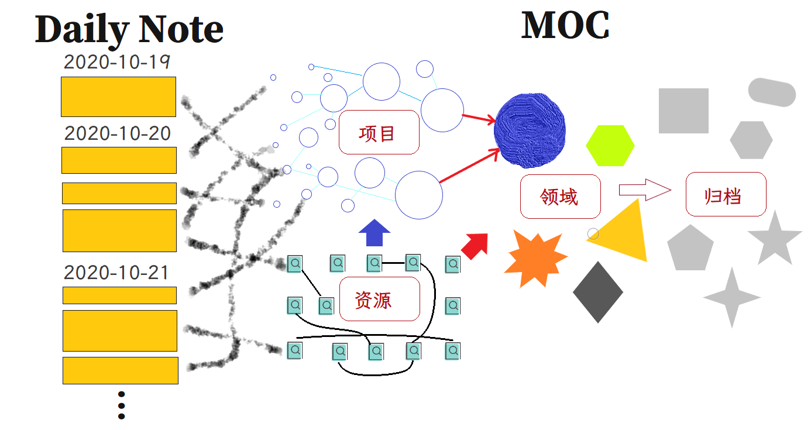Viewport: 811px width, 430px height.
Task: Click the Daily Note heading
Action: click(x=129, y=29)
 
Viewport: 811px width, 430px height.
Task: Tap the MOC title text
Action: click(x=565, y=25)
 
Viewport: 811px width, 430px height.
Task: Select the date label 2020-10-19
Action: click(x=117, y=62)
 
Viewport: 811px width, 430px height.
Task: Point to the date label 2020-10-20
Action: click(x=118, y=133)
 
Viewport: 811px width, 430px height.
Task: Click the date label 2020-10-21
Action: click(x=116, y=273)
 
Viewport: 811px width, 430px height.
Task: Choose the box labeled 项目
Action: click(x=379, y=133)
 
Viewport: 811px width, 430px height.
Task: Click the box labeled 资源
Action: click(x=379, y=300)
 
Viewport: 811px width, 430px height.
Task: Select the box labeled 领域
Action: click(x=560, y=197)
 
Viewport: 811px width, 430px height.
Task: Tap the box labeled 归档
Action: click(x=726, y=195)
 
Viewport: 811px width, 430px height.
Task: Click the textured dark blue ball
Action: click(x=530, y=128)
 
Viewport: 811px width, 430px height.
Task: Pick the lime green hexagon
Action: click(x=610, y=146)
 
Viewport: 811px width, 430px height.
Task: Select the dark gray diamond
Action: click(x=597, y=292)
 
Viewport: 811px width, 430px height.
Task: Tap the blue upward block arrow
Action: click(x=374, y=233)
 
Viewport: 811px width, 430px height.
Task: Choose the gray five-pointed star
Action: click(x=775, y=239)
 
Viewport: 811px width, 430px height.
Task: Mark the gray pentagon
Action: click(x=690, y=249)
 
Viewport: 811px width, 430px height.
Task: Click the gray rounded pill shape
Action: click(x=772, y=92)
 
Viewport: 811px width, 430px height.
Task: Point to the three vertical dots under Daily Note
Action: click(x=121, y=405)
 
